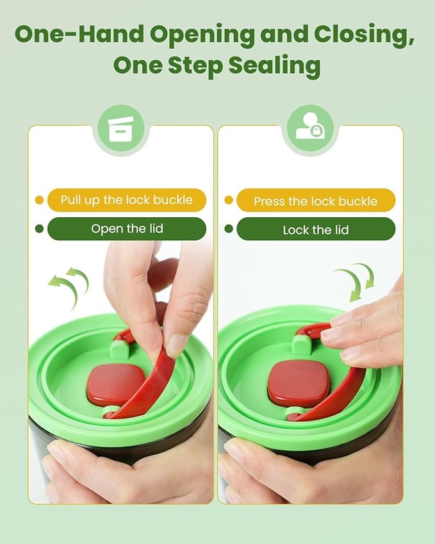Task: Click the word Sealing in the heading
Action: [x=274, y=65]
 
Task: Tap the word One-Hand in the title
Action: [x=79, y=34]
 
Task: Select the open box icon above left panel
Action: [x=120, y=129]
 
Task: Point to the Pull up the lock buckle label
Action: [x=127, y=200]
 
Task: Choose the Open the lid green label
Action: [x=127, y=229]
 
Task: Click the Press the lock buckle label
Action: [x=316, y=201]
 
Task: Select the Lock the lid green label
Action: [x=316, y=229]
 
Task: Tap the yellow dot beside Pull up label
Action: [x=39, y=200]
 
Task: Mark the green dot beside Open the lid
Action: [x=39, y=229]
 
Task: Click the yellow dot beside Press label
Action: [x=229, y=200]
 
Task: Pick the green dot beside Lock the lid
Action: [x=229, y=229]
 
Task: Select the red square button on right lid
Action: [x=299, y=383]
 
